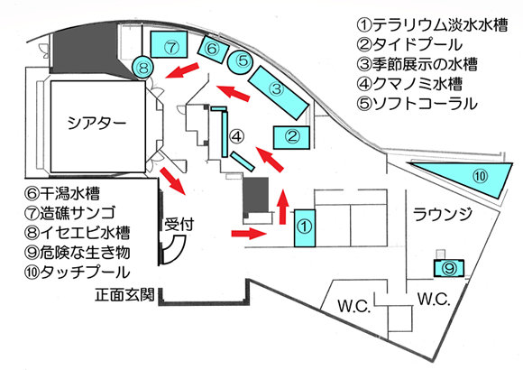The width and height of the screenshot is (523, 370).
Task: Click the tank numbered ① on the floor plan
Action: pyautogui.click(x=305, y=228)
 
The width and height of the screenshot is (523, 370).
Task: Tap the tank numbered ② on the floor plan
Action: pyautogui.click(x=291, y=137)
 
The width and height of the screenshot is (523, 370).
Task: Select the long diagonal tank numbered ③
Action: pyautogui.click(x=278, y=92)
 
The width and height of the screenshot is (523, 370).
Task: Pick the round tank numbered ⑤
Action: pyautogui.click(x=240, y=61)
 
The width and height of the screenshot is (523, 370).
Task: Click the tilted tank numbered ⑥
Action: pyautogui.click(x=213, y=50)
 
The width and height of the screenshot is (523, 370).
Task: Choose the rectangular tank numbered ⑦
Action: pyautogui.click(x=169, y=44)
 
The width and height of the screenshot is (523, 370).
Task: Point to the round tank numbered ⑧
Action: pyautogui.click(x=142, y=68)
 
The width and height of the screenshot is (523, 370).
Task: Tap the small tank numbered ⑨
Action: pyautogui.click(x=449, y=268)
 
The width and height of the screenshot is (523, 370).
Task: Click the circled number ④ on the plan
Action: pyautogui.click(x=237, y=136)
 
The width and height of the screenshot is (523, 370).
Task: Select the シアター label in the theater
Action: pyautogui.click(x=97, y=124)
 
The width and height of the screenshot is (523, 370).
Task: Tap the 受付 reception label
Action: pyautogui.click(x=179, y=224)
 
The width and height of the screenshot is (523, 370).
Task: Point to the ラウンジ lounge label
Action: pyautogui.click(x=443, y=214)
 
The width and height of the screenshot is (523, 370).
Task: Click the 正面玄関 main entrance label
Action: pyautogui.click(x=125, y=295)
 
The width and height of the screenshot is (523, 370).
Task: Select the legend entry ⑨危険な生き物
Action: pyautogui.click(x=77, y=253)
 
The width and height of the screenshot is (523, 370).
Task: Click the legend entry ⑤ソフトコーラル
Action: pyautogui.click(x=417, y=104)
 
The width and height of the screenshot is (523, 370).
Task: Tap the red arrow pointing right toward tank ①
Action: pyautogui.click(x=249, y=234)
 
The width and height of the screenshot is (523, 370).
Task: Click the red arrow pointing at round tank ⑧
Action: pyautogui.click(x=182, y=70)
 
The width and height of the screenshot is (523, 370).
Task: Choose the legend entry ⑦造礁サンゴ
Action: pyautogui.click(x=70, y=213)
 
